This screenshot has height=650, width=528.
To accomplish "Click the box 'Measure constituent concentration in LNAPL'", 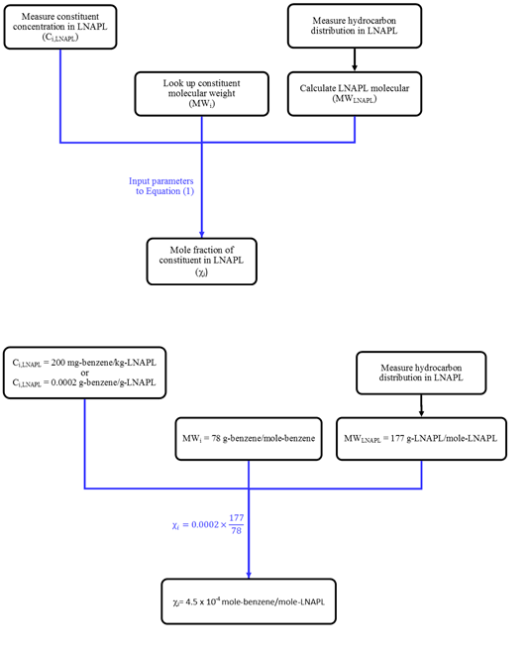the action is (x=60, y=27).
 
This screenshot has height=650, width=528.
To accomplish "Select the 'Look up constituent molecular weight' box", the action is (x=202, y=94).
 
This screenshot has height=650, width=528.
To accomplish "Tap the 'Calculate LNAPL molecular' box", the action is (x=355, y=94).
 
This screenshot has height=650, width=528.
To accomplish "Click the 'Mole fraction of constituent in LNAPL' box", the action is (x=202, y=262).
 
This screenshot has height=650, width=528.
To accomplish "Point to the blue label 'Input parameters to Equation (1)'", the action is (x=161, y=186).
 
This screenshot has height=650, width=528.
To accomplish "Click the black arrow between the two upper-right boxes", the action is (x=355, y=59).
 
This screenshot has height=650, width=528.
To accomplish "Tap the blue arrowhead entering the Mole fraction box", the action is (x=202, y=234).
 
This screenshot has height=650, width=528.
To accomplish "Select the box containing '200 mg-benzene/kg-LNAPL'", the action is (x=85, y=373).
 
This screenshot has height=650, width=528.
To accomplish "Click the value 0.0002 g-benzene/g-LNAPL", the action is (x=103, y=382).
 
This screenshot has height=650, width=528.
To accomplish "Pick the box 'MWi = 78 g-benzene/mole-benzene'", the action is (x=249, y=439).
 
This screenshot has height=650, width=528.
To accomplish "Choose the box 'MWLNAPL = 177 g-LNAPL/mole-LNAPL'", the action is (x=421, y=439).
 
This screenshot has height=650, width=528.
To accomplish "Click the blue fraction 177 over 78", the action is (x=236, y=524).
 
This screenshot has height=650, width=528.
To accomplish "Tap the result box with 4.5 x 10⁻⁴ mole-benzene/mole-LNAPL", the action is (x=249, y=601).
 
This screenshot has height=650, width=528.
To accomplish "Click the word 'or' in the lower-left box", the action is (x=84, y=373).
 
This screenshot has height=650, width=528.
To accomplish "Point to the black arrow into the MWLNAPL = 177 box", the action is (x=421, y=406).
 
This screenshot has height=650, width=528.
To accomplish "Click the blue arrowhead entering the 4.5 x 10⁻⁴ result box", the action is (x=249, y=576).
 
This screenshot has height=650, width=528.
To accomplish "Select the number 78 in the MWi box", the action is (x=216, y=438).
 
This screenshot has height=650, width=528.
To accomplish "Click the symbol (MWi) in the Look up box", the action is (x=202, y=104).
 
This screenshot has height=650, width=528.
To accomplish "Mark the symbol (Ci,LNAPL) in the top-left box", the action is (x=60, y=38).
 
